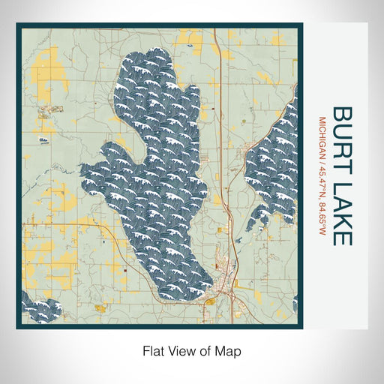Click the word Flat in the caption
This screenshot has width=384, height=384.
(x=152, y=350)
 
